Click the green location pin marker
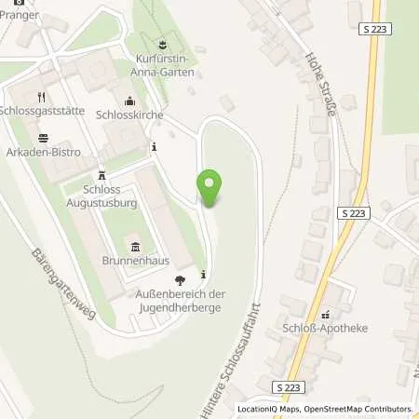[210, 188]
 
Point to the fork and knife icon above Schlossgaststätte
[41, 95]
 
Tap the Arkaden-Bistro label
[43, 151]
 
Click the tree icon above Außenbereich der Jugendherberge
[180, 280]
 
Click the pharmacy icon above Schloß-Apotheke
[326, 315]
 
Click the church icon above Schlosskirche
[129, 101]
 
